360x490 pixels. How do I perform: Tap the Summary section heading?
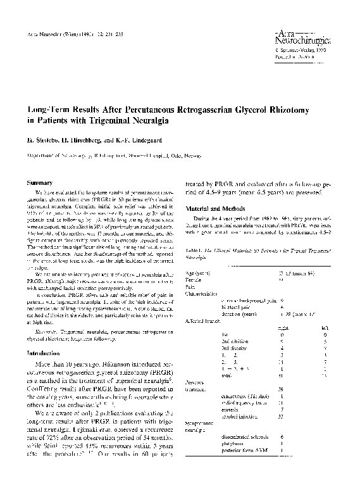pyautogui.click(x=40, y=182)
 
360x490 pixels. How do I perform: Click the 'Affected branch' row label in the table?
pyautogui.click(x=202, y=321)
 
